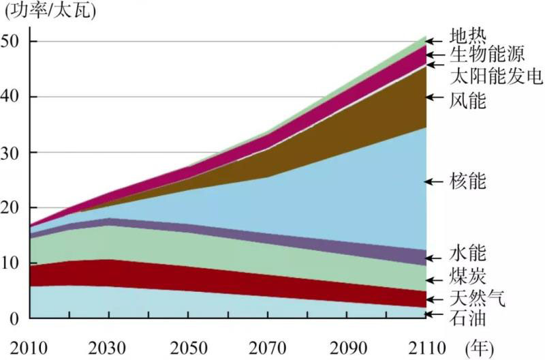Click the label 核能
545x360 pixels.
click(468, 182)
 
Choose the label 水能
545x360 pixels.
click(468, 254)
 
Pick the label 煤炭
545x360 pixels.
click(468, 276)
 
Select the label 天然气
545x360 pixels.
click(478, 299)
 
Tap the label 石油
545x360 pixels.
click(468, 318)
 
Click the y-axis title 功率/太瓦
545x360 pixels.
click(51, 10)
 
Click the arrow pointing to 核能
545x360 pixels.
click(434, 181)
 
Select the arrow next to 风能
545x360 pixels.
click(434, 97)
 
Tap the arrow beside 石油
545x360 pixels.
click(434, 314)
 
